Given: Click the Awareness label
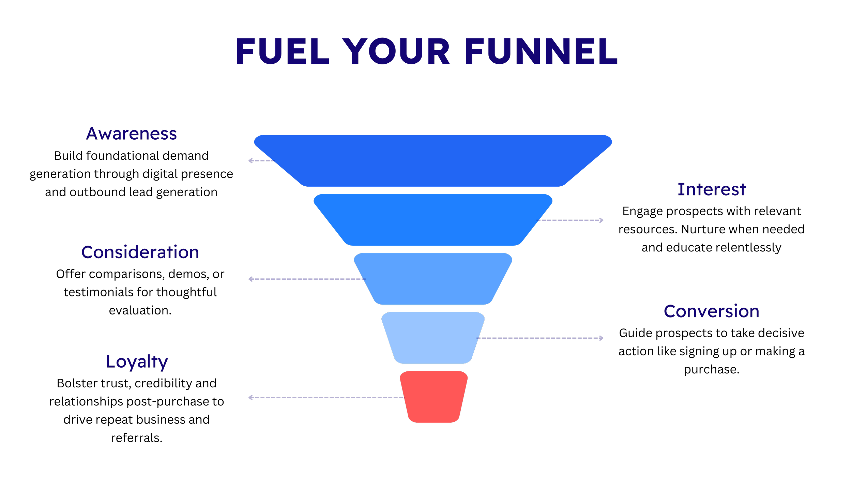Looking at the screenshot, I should [132, 134].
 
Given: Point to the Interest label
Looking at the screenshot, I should [712, 189].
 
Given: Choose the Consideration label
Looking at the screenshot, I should [140, 252].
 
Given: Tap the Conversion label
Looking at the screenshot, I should [712, 311].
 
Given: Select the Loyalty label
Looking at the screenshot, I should [137, 362].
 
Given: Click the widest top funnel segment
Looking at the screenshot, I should [433, 160].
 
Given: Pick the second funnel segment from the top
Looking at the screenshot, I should [433, 220].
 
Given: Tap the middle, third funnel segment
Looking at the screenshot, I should [433, 279].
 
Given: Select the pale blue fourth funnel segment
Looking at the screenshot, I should [433, 338].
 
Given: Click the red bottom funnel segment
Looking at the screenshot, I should [433, 397].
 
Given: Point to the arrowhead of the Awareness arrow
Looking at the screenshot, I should [250, 161].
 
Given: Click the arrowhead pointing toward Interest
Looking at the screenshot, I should [601, 221].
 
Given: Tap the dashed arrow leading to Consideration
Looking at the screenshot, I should [307, 280].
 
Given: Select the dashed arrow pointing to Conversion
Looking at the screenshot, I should [542, 338].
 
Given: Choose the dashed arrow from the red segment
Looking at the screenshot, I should [327, 399].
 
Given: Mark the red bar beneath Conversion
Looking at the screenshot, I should [780, 323].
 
